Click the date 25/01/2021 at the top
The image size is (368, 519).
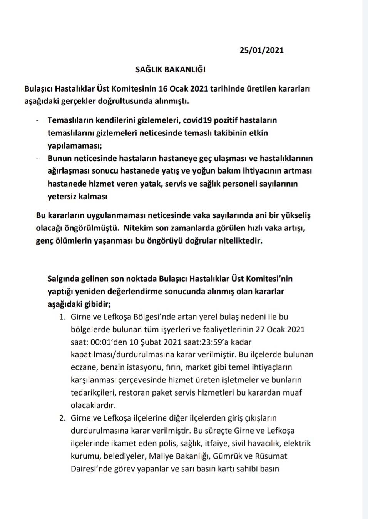tap(261, 50)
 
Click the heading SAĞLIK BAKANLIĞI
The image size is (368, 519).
tap(170, 70)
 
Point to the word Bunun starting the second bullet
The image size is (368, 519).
tap(59, 159)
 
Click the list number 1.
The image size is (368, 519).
tap(62, 317)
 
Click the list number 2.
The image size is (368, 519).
tap(62, 418)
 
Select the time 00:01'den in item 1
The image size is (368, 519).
tap(109, 342)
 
